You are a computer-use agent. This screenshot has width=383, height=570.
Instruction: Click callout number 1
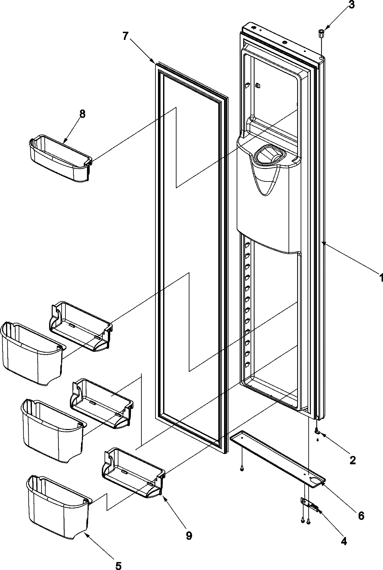pyautogui.click(x=380, y=278)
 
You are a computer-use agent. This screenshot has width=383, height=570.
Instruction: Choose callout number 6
pyautogui.click(x=360, y=516)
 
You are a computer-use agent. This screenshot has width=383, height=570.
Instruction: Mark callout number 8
pyautogui.click(x=82, y=115)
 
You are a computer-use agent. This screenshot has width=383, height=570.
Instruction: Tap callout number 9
pyautogui.click(x=189, y=536)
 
